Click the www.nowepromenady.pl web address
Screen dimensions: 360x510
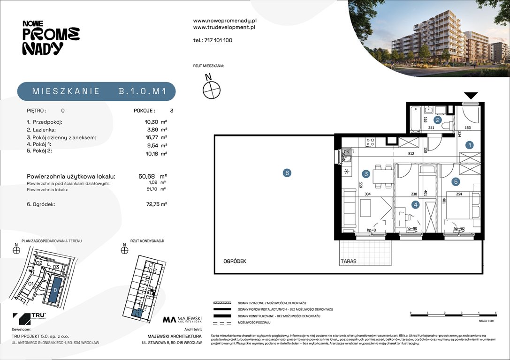coord(224,21)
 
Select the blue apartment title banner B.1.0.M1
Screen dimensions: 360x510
coord(97,91)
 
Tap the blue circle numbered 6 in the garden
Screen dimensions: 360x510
coord(287,173)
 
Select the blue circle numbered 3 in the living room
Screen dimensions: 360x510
coord(366,174)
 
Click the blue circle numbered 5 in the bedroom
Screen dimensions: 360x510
coord(455,181)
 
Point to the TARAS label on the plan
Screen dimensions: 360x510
coord(349,262)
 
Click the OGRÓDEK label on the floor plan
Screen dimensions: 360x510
coord(235,262)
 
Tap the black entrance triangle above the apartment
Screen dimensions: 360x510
coord(471,95)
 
